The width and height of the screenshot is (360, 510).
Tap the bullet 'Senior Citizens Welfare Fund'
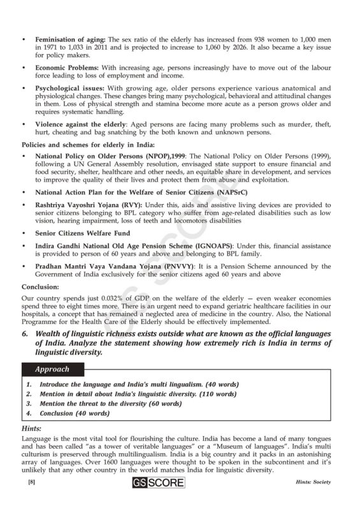tap(82, 234)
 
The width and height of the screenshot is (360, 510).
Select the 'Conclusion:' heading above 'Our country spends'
tap(40, 287)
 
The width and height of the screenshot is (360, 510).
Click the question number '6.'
tap(25, 333)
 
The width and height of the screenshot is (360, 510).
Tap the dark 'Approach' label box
tap(52, 369)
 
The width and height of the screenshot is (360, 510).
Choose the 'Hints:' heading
tap(32, 429)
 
